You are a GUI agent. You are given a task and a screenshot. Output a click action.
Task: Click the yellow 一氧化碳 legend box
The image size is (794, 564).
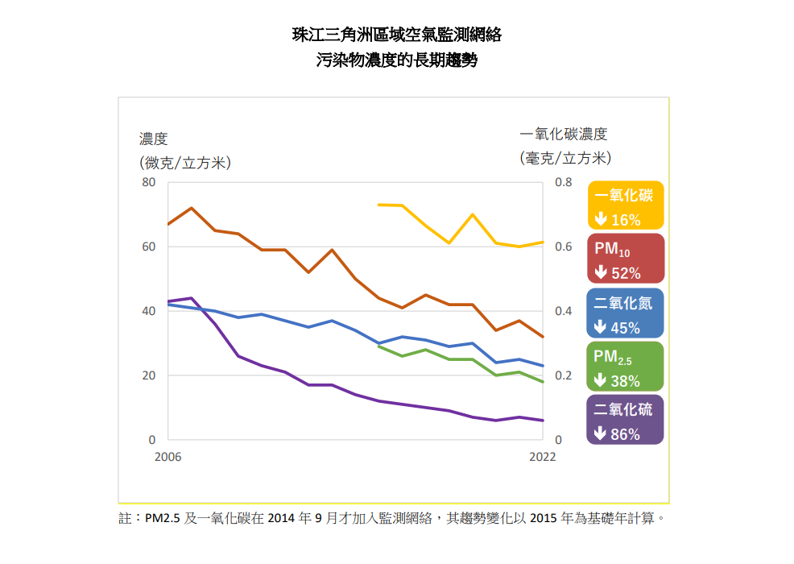626,206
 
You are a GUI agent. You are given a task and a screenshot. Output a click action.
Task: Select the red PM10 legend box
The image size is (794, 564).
626,259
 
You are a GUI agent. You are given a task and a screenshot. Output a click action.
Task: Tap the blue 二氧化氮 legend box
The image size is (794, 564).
626,313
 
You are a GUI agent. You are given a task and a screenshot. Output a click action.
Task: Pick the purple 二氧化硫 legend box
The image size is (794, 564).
626,420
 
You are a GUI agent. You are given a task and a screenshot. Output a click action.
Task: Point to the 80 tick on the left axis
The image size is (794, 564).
148,182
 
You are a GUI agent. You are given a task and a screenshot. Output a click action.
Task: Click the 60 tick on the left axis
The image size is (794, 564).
148,247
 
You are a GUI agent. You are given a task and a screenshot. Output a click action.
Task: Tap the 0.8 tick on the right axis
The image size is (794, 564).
564,182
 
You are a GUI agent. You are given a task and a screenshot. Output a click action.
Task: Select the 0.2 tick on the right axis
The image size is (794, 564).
564,375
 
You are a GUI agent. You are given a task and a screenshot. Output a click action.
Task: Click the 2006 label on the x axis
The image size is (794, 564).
167,457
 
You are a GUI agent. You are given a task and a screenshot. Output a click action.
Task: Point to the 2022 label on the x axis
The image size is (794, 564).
542,457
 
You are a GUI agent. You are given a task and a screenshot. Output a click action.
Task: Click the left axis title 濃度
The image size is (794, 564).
153,139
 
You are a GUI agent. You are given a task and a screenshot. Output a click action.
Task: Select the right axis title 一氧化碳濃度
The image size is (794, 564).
564,135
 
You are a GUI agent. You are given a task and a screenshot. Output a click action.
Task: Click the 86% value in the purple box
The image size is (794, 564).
626,434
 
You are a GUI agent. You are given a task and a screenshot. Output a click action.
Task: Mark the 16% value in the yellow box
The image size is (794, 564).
626,220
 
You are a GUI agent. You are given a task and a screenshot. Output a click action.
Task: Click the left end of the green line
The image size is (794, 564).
378,346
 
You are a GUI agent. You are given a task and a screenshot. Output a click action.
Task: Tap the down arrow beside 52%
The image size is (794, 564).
600,273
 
